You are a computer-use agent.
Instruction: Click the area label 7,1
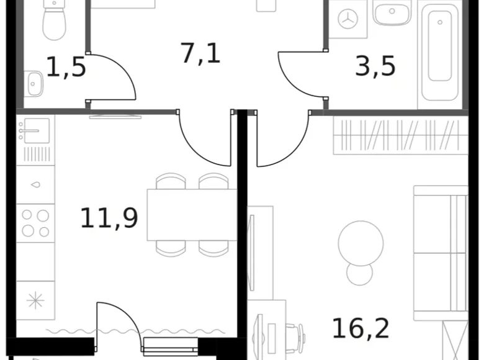pos(200,53)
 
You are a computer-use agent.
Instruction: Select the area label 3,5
pos(375,66)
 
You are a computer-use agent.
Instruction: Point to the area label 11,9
pos(109,218)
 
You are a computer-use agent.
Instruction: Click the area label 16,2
pos(361,328)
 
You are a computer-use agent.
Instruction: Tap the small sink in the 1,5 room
pos(34,82)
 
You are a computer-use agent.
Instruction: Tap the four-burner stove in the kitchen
pos(35,223)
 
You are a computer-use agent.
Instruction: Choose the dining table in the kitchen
pos(191,215)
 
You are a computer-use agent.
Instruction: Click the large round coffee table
pos(361,243)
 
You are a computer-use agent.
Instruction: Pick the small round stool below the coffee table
pos(359,274)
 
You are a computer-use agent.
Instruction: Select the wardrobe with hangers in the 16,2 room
pos(400,135)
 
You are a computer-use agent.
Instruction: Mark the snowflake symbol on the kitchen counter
pos(35,300)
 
